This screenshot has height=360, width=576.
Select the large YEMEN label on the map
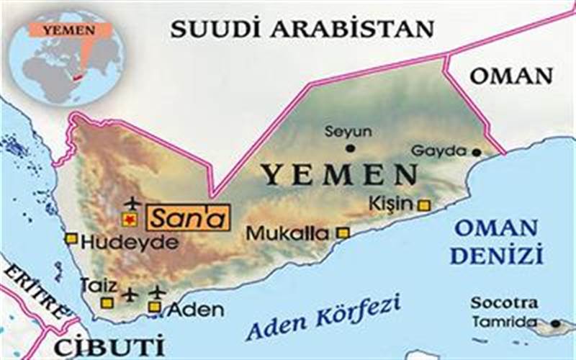tap(339, 174)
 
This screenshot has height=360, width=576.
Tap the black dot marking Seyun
tap(350, 148)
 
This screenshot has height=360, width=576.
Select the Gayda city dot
tap(476, 152)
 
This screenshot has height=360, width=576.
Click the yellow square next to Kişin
tap(424, 205)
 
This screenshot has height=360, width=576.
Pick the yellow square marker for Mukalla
tap(343, 233)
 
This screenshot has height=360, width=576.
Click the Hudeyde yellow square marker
tap(71, 238)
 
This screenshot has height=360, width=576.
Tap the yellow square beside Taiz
tap(107, 303)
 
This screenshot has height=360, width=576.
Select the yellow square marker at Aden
tap(154, 307)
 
